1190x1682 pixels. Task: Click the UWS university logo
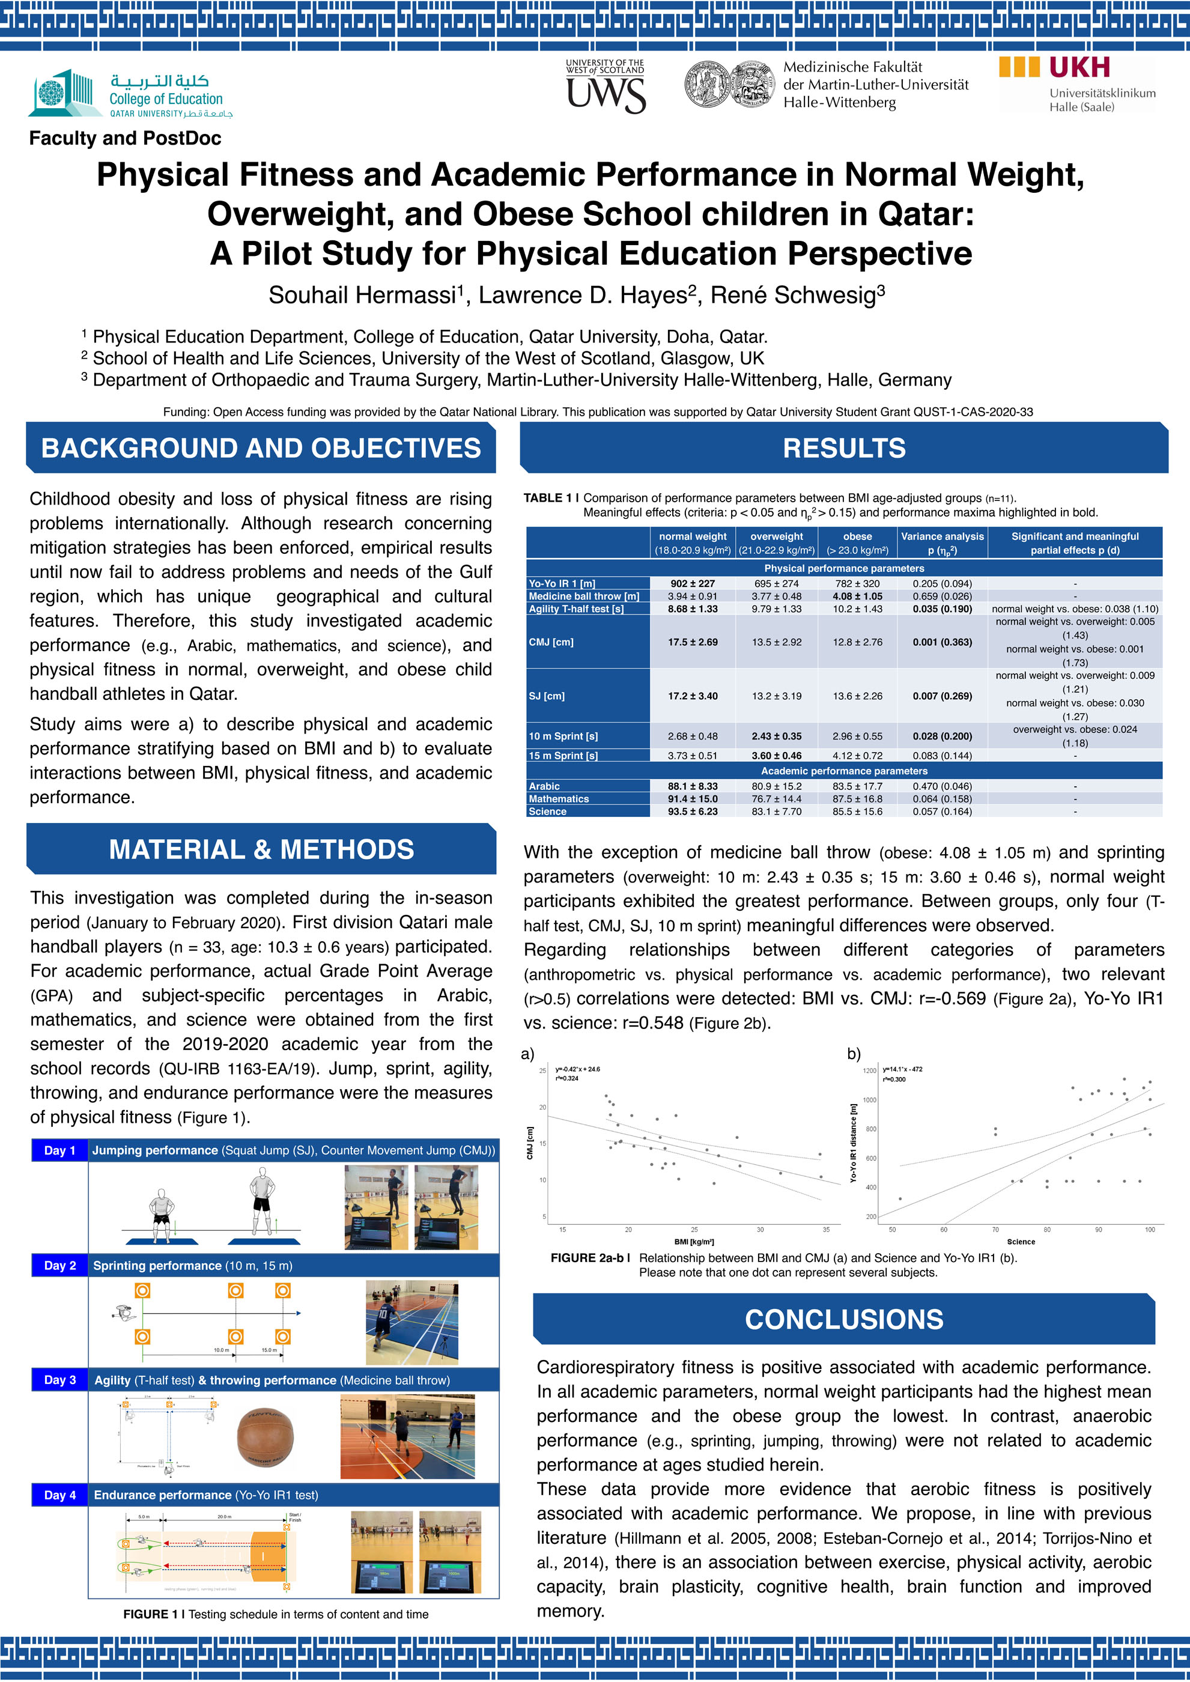click(606, 87)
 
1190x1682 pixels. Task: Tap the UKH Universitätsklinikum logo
click(1076, 84)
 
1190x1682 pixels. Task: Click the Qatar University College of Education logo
click(130, 94)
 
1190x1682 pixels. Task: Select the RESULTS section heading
click(843, 448)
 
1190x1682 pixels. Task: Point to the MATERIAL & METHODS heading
click(261, 849)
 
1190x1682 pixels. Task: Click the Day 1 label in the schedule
click(59, 1150)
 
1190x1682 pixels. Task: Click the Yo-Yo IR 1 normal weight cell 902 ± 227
click(693, 584)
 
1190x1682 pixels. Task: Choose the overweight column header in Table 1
click(776, 543)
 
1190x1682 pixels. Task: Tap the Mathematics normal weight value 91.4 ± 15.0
click(693, 799)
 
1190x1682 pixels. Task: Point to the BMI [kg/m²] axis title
click(693, 1242)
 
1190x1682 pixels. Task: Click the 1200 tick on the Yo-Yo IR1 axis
click(869, 1071)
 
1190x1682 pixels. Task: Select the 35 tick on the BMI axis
click(826, 1229)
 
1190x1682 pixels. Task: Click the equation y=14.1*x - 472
click(902, 1069)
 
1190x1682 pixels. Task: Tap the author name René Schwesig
click(797, 295)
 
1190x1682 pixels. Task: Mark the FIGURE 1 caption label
click(153, 1614)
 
